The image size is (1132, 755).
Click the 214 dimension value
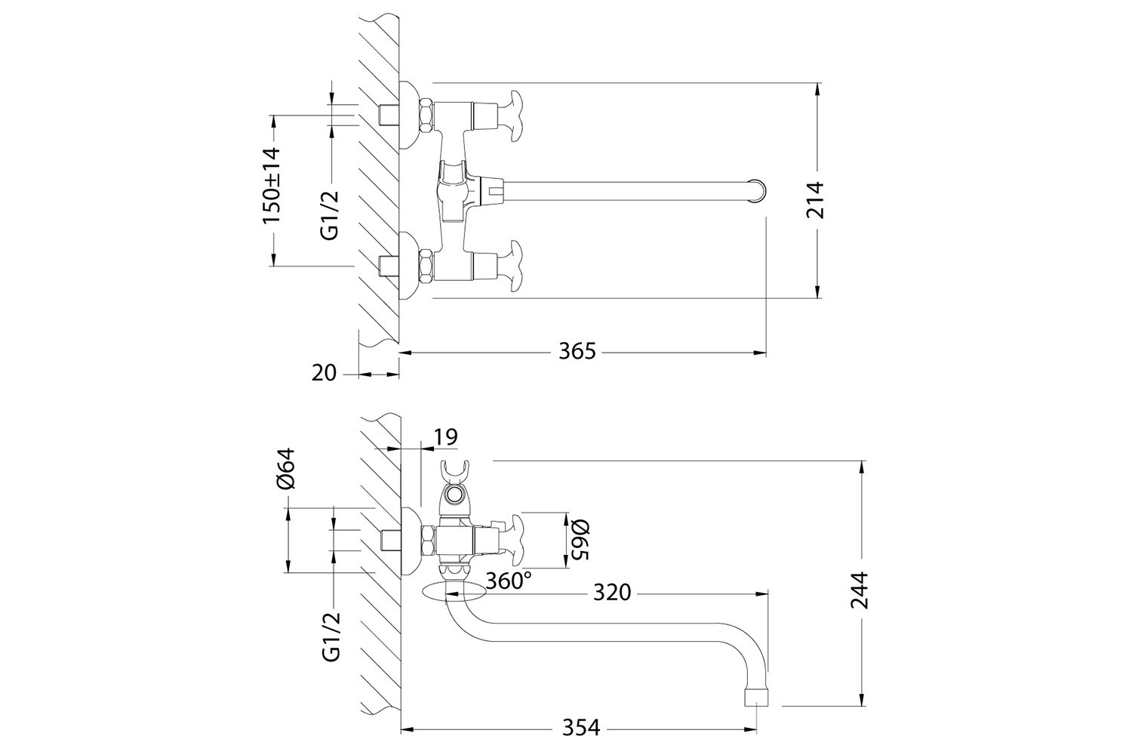tap(816, 200)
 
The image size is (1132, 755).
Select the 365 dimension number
tap(577, 351)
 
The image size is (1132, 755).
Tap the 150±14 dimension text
tap(271, 185)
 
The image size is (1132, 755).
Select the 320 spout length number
tap(611, 593)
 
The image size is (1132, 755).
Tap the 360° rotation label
tap(508, 581)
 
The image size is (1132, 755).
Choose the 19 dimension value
tap(445, 436)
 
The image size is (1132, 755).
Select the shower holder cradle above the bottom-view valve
tap(454, 473)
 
